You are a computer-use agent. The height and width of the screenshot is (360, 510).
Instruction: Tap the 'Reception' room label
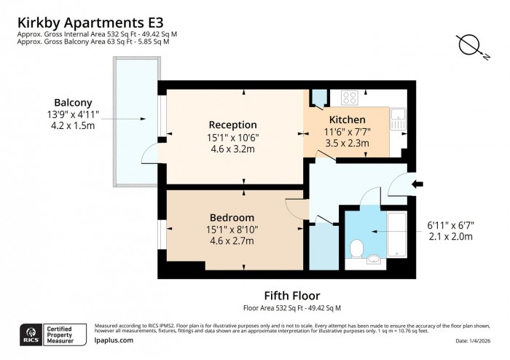232,125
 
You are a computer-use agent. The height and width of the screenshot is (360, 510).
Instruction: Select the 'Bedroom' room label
232,218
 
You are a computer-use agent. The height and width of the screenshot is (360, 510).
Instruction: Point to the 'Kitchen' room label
347,120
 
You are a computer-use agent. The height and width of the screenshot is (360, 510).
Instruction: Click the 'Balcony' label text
73,103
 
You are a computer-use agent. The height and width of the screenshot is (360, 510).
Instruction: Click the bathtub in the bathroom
395,233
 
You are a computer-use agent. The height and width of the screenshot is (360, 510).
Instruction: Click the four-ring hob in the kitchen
348,96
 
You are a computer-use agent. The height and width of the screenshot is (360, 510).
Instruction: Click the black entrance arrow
418,185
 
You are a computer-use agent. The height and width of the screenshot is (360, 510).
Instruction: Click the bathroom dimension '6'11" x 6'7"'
450,225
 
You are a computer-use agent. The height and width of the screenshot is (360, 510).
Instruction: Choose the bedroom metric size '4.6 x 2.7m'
232,240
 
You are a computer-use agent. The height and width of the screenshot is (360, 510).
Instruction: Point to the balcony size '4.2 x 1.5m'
73,125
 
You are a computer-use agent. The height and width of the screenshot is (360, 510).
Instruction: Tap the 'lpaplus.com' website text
114,340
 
